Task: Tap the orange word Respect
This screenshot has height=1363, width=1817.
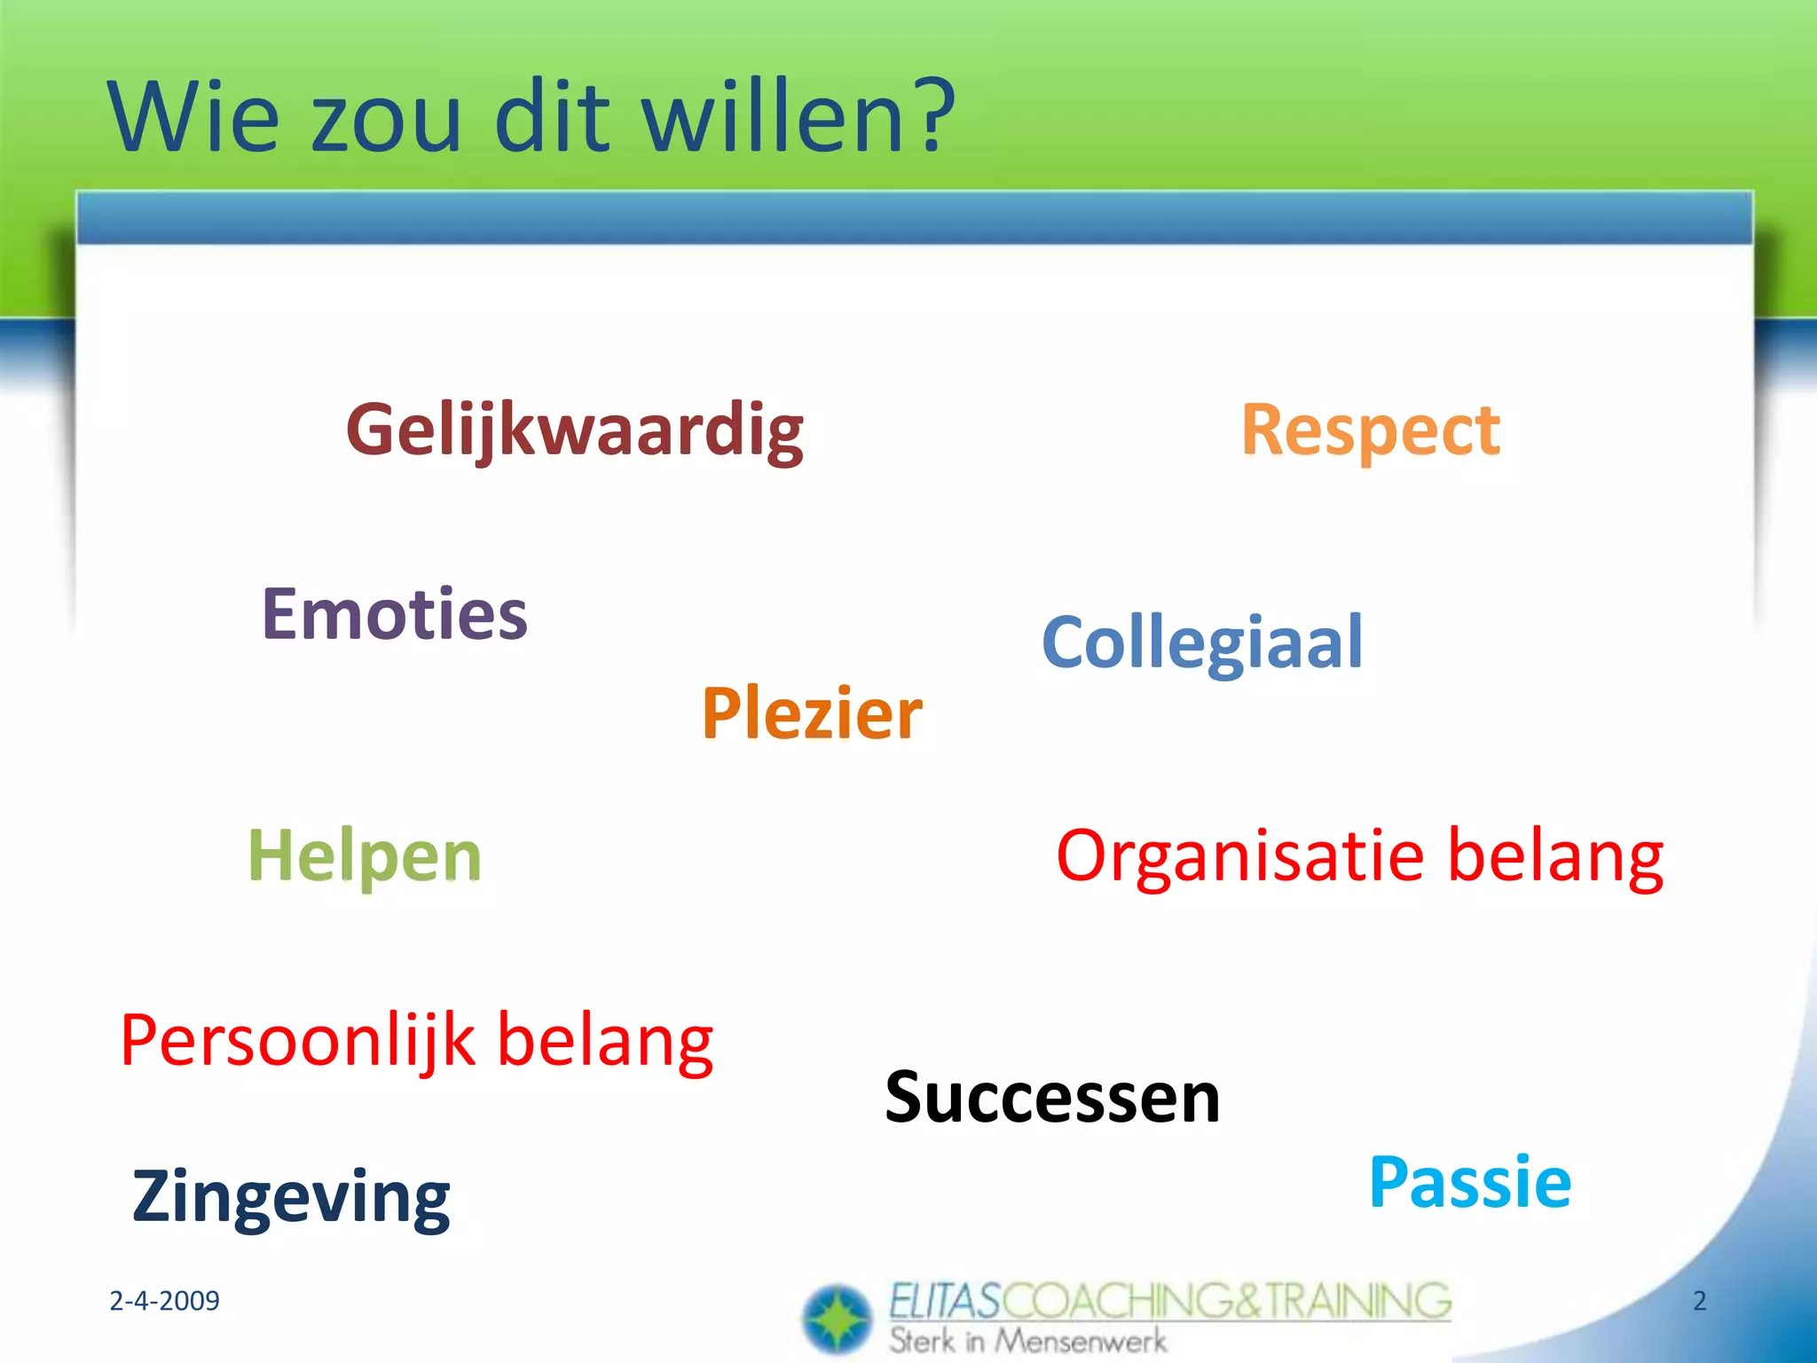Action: click(x=1370, y=430)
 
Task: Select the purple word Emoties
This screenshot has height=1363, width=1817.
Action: click(x=394, y=614)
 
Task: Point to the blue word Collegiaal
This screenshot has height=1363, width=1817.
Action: click(x=1202, y=642)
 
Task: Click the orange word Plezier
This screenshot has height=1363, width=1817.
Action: click(x=812, y=713)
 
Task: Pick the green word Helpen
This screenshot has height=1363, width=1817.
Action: click(x=364, y=855)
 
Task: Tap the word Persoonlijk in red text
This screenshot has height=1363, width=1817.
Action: click(x=297, y=1041)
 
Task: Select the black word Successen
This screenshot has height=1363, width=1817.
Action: click(x=1052, y=1098)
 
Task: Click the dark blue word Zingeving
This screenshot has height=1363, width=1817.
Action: click(x=291, y=1197)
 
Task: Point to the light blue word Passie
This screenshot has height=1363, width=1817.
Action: click(x=1470, y=1183)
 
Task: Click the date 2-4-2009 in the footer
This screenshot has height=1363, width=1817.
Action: click(x=164, y=1301)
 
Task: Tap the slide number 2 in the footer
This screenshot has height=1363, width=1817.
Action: click(x=1699, y=1301)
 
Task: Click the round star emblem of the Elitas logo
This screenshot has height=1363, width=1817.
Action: click(x=837, y=1320)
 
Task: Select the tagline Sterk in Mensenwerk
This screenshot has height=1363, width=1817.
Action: click(x=1027, y=1341)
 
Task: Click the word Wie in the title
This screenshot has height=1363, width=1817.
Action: click(x=193, y=117)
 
